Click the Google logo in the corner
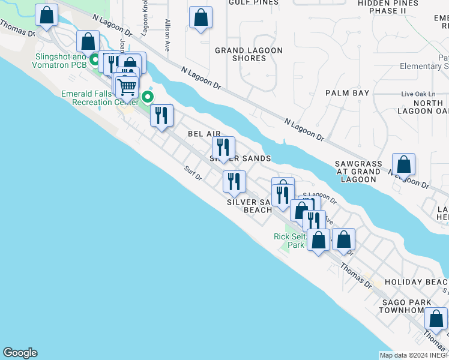pyautogui.click(x=20, y=353)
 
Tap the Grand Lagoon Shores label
pyautogui.click(x=249, y=54)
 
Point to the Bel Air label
pyautogui.click(x=204, y=134)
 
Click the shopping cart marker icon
pyautogui.click(x=127, y=87)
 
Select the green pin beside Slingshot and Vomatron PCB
pyautogui.click(x=94, y=60)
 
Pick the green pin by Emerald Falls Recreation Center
pyautogui.click(x=147, y=97)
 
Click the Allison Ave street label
pyautogui.click(x=167, y=34)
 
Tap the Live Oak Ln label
pyautogui.click(x=418, y=95)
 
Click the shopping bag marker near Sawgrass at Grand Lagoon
pyautogui.click(x=404, y=164)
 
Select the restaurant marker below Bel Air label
pyautogui.click(x=223, y=147)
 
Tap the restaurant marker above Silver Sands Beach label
pyautogui.click(x=234, y=181)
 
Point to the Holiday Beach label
pyautogui.click(x=416, y=282)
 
